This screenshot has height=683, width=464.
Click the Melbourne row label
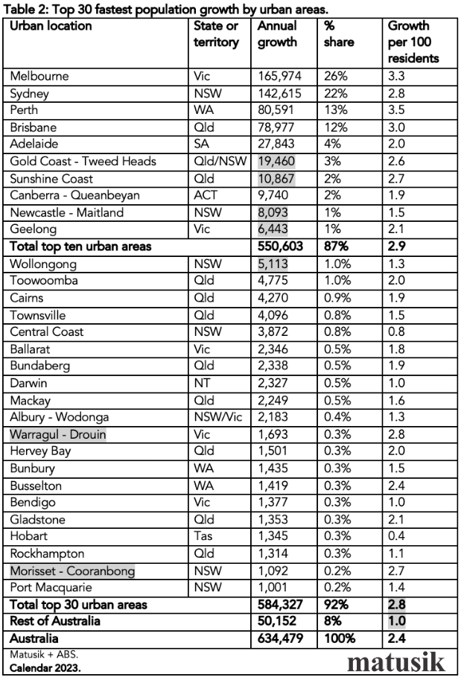pos(39,76)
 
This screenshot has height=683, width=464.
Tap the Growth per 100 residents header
pos(413,42)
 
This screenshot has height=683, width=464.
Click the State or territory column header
pos(216,34)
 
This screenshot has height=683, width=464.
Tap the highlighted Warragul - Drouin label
pos(58,434)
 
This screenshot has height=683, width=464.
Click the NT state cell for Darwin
pos(202,383)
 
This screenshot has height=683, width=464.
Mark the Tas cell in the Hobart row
pos(203,537)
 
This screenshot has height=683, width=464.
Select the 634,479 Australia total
pos(280,639)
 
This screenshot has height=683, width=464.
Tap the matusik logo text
pos(396,661)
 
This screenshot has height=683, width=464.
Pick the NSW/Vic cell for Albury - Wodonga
pos(217,417)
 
